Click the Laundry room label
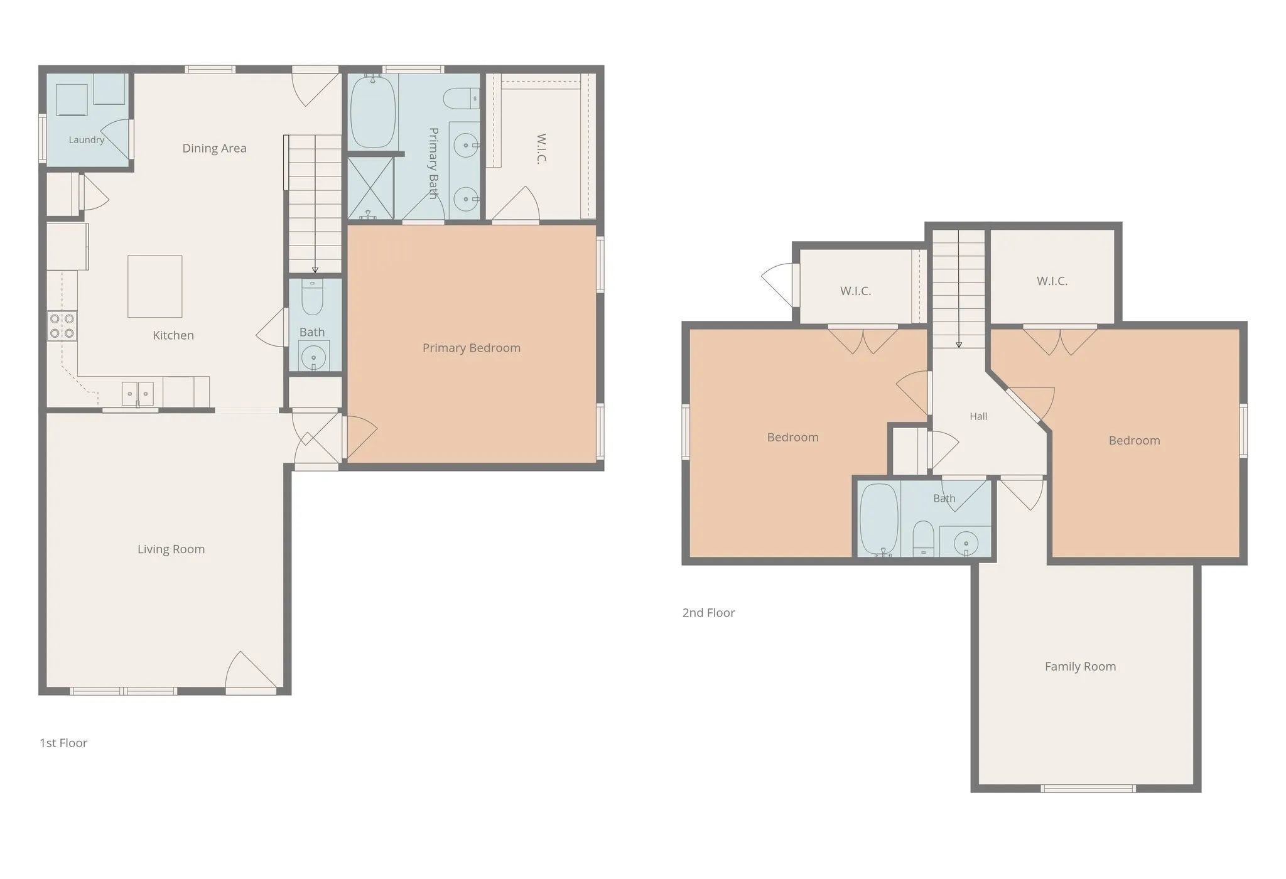[x=87, y=139]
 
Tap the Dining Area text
[x=214, y=148]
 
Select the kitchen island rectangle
[x=155, y=286]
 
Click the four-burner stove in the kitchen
[x=62, y=326]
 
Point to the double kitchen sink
[x=138, y=394]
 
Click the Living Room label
[x=171, y=549]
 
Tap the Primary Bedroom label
[x=472, y=348]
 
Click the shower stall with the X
[x=370, y=188]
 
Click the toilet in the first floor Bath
[x=313, y=298]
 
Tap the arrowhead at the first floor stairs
[x=315, y=270]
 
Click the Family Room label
[x=1081, y=667]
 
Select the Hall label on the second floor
[x=978, y=416]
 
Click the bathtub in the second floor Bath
[x=879, y=519]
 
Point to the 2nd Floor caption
[x=708, y=613]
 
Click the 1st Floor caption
[x=63, y=743]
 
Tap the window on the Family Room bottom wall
[x=1088, y=789]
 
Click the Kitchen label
[x=173, y=335]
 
